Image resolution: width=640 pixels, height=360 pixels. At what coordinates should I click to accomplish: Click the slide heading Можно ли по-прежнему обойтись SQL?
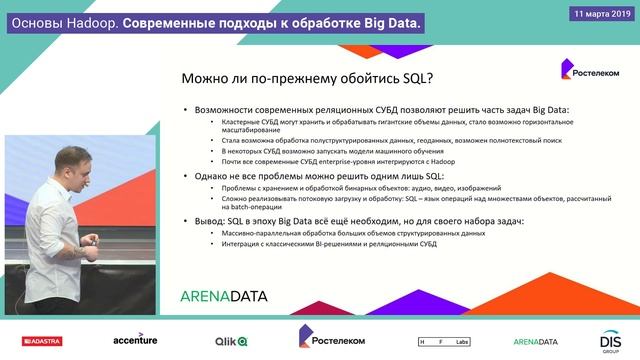tap(313, 78)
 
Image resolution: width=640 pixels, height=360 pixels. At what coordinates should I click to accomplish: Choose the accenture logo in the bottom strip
tap(135, 340)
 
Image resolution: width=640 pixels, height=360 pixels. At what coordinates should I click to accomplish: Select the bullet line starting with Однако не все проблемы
tap(330, 175)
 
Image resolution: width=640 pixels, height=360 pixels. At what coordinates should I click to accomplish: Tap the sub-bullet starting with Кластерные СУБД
tap(390, 126)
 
